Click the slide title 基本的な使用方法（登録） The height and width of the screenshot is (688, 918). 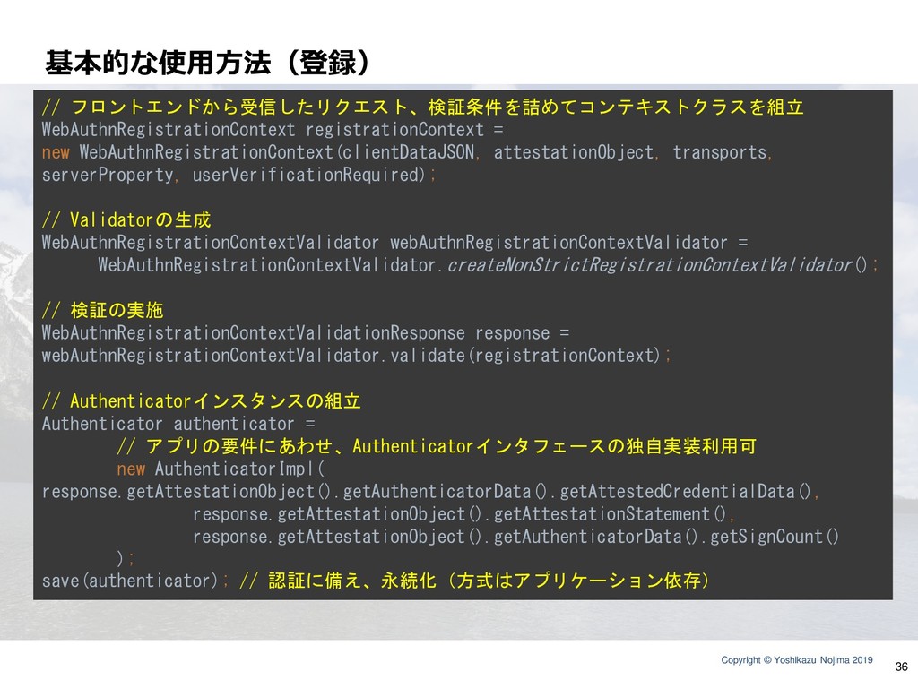tap(207, 63)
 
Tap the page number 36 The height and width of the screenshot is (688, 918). tap(901, 666)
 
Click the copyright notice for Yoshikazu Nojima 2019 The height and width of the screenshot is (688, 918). tap(797, 660)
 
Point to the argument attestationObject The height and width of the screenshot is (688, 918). tap(573, 152)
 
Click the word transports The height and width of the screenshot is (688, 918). tap(720, 152)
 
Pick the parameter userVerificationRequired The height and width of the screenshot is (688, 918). tap(307, 175)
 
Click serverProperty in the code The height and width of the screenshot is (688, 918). tap(108, 175)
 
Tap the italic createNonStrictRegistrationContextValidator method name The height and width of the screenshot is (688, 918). tap(649, 265)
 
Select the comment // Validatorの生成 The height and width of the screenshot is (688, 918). tap(126, 220)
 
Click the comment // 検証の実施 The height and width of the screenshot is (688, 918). tap(102, 310)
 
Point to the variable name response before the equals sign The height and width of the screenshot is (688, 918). tap(512, 333)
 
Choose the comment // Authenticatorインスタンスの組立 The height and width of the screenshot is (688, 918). tap(201, 400)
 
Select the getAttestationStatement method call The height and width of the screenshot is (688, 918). tap(602, 513)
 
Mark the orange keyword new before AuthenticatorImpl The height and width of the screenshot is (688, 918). tap(131, 469)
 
